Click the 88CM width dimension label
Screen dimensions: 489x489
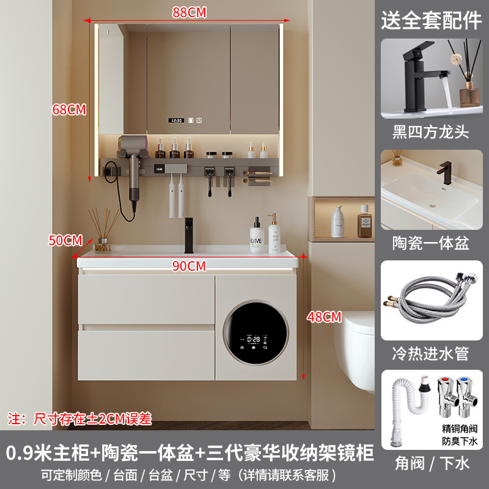pyautogui.click(x=189, y=12)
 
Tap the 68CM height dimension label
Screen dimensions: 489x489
pyautogui.click(x=69, y=110)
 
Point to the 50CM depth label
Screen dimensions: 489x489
pyautogui.click(x=65, y=240)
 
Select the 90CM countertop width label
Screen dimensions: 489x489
pyautogui.click(x=189, y=266)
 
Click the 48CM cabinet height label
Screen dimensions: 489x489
pyautogui.click(x=325, y=317)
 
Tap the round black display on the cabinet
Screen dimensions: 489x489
pyautogui.click(x=256, y=333)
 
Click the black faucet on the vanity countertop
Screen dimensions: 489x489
pyautogui.click(x=189, y=235)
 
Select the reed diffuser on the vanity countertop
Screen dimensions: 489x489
pyautogui.click(x=103, y=230)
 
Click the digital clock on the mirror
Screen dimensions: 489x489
pyautogui.click(x=176, y=120)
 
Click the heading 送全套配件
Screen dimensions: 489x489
pyautogui.click(x=432, y=20)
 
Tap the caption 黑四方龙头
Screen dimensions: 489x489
pyautogui.click(x=431, y=132)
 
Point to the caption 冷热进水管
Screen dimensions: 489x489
pyautogui.click(x=431, y=354)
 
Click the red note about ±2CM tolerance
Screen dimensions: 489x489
pyautogui.click(x=80, y=419)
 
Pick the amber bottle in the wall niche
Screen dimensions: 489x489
pyautogui.click(x=364, y=221)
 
